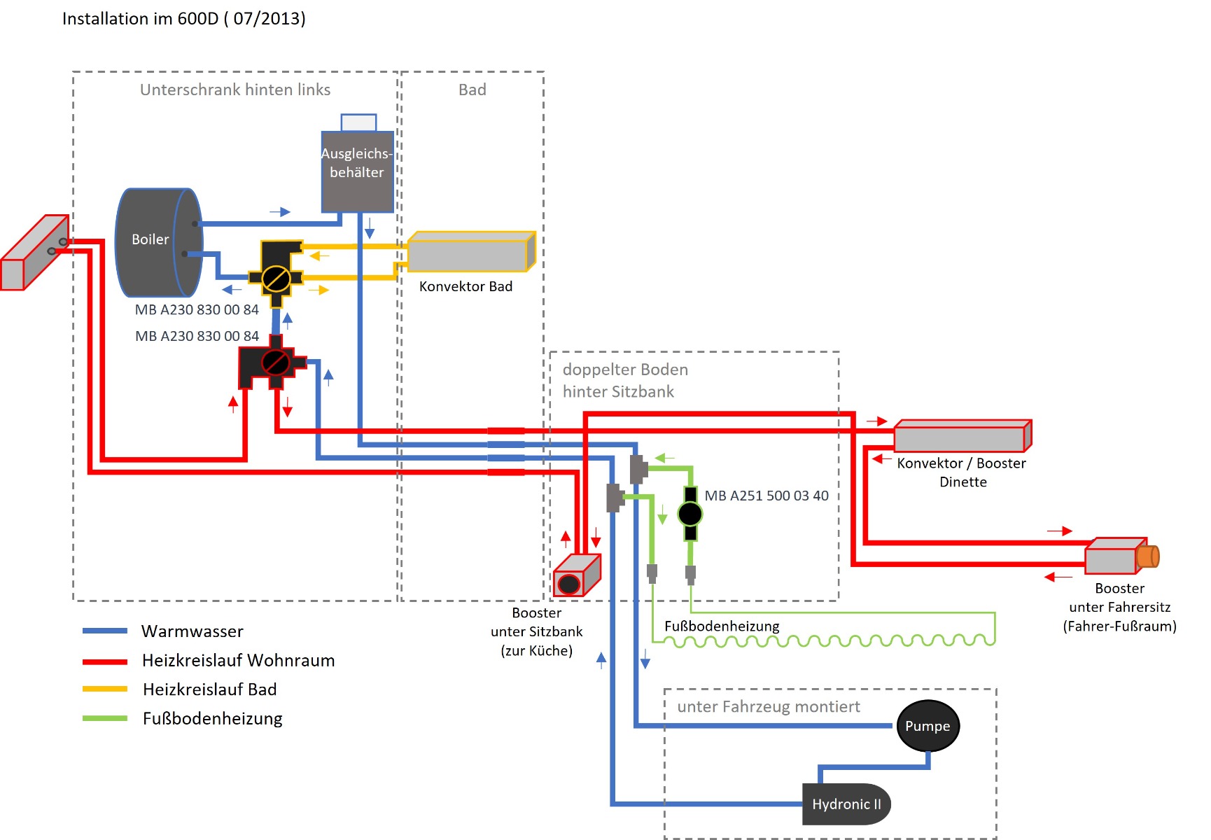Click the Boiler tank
click(x=159, y=242)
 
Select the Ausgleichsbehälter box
click(x=357, y=171)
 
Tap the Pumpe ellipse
click(x=927, y=726)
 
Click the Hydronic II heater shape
click(x=846, y=804)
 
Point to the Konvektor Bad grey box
click(x=472, y=252)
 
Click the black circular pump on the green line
click(x=690, y=514)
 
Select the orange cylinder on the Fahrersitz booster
click(x=1148, y=556)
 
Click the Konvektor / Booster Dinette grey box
click(x=963, y=435)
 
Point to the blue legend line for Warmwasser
click(x=105, y=631)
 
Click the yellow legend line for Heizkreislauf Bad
click(x=105, y=689)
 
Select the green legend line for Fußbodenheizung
click(x=105, y=718)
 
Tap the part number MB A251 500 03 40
click(x=766, y=496)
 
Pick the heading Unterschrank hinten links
click(x=235, y=90)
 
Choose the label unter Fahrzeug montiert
click(x=769, y=707)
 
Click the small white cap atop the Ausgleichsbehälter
click(x=358, y=122)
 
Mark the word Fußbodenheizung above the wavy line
click(x=722, y=626)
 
